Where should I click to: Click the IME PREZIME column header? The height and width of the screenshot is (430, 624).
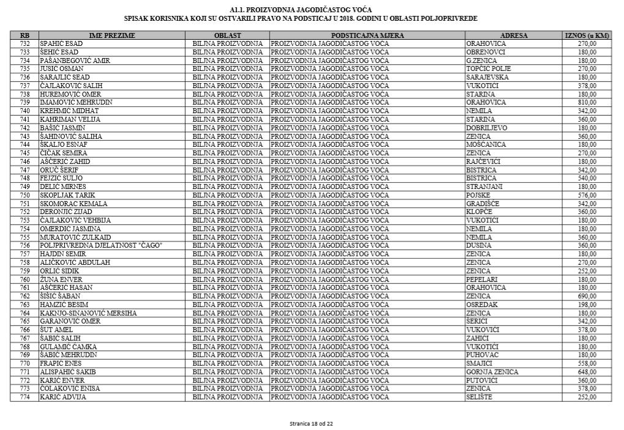tap(112, 36)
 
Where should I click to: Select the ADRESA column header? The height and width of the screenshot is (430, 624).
tap(513, 36)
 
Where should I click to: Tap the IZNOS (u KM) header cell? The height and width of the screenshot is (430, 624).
tap(587, 36)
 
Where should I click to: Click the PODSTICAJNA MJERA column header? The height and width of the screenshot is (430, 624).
tap(367, 36)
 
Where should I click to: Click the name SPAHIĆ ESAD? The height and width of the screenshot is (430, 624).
tap(61, 44)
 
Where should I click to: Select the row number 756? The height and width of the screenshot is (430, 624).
tap(24, 245)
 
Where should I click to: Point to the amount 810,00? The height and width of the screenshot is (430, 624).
tap(587, 102)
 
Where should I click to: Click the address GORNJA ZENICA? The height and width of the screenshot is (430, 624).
tap(492, 372)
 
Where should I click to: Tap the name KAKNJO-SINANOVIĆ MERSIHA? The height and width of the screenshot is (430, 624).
tap(88, 313)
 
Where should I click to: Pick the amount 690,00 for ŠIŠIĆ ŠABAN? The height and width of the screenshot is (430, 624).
tap(587, 296)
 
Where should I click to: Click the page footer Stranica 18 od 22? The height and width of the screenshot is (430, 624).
tap(311, 423)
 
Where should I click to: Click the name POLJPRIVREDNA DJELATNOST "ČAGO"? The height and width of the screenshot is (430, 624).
tap(101, 245)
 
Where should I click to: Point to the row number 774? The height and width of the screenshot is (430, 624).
tap(24, 397)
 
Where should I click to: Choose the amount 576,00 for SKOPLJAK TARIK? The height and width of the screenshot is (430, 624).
tap(587, 195)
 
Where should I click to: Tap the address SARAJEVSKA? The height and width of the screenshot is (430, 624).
tap(487, 78)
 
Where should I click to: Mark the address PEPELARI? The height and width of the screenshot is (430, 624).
tap(482, 280)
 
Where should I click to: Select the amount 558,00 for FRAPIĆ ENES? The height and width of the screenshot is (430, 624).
tap(587, 363)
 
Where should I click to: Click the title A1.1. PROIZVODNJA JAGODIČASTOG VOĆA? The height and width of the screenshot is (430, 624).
tap(300, 10)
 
